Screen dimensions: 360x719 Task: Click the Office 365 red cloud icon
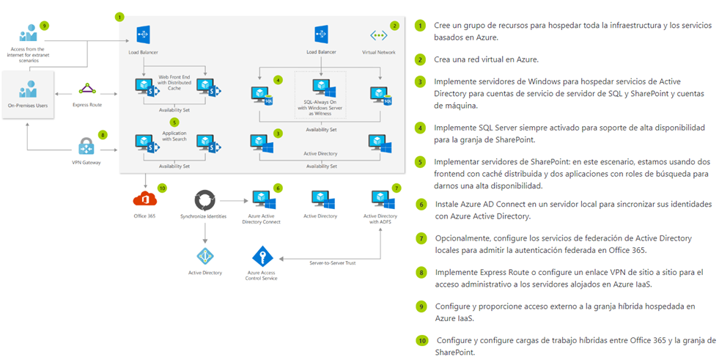point(143,199)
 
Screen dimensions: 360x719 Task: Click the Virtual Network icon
point(379,35)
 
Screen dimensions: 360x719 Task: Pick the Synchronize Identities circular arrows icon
point(204,199)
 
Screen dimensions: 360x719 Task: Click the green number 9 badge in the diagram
point(44,25)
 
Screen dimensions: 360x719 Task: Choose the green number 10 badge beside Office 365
point(162,188)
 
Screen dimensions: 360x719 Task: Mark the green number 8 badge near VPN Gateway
point(103,134)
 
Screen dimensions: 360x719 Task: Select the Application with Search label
point(174,136)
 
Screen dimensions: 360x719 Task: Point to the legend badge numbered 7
point(420,238)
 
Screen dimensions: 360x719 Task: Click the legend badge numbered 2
point(420,59)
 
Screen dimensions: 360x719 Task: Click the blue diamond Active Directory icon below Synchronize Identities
point(204,256)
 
